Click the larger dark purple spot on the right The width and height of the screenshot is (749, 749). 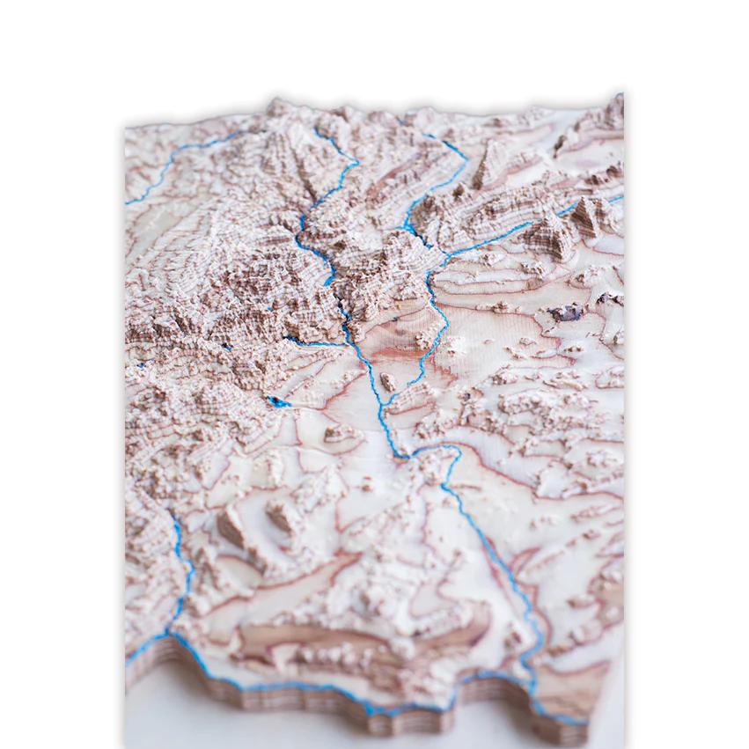point(567,312)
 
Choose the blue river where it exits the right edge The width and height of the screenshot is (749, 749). point(616,200)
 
